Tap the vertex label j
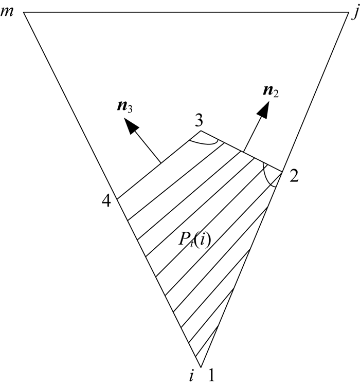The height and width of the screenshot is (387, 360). [354, 12]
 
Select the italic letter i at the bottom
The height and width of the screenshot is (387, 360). [191, 376]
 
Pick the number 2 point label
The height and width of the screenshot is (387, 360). [294, 176]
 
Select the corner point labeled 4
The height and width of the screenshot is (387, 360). [117, 199]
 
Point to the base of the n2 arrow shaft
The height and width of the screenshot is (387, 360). [244, 151]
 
